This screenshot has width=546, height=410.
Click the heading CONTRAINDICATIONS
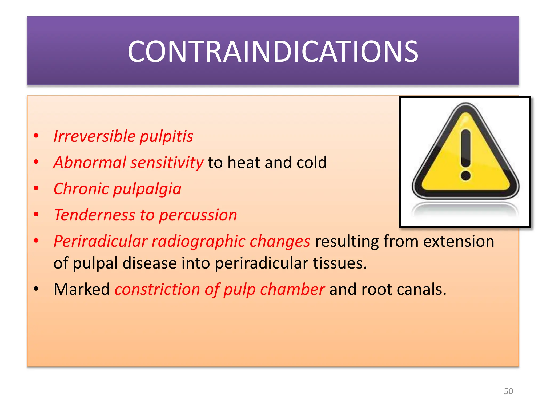(273, 51)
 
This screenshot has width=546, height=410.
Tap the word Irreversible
(94, 136)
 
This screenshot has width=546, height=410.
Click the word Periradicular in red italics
(100, 241)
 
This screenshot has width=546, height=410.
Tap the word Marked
(82, 289)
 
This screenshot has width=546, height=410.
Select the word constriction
(157, 289)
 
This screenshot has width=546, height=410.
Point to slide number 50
(508, 391)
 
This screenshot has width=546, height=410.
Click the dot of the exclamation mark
(465, 176)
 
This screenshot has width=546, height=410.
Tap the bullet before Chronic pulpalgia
(36, 188)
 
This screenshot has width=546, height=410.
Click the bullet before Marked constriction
(36, 289)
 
